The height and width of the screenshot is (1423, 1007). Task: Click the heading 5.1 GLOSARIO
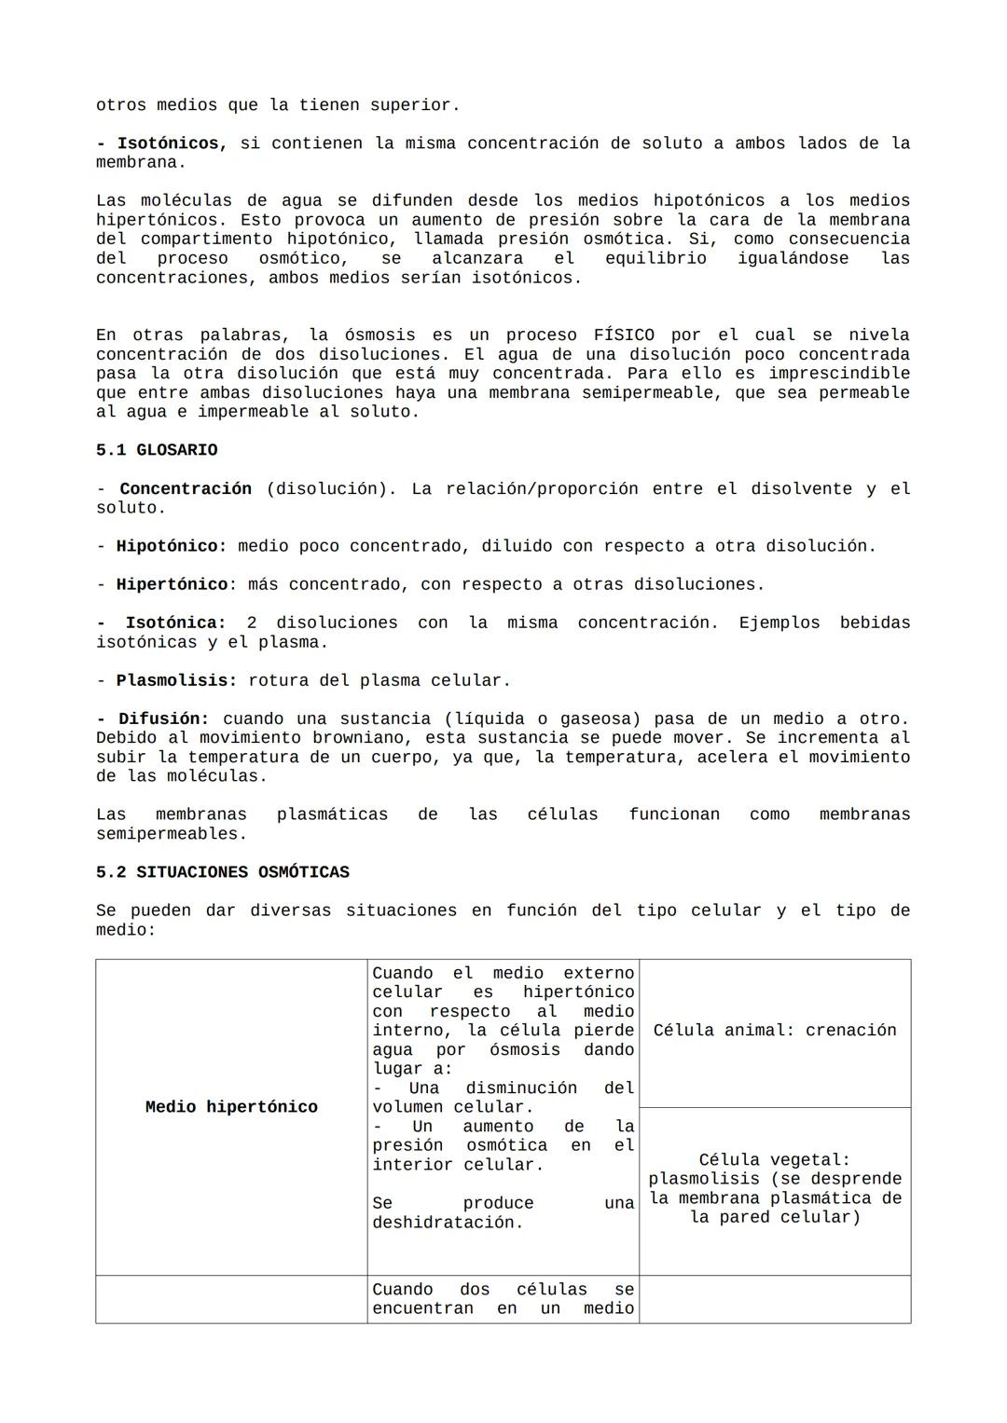[157, 450]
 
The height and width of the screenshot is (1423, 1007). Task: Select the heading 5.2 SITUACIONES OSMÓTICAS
[222, 872]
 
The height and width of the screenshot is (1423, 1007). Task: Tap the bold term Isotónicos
[172, 144]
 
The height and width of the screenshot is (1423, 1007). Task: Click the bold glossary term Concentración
[186, 488]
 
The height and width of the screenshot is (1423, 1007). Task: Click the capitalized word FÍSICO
[624, 335]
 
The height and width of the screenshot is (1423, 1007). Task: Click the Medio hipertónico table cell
[231, 1107]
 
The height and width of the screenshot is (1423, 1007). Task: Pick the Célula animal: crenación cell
[774, 1031]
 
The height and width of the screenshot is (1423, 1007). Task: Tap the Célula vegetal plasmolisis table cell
[774, 1189]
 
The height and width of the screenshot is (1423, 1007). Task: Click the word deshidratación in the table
[448, 1223]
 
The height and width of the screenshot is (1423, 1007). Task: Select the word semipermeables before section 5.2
[172, 834]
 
